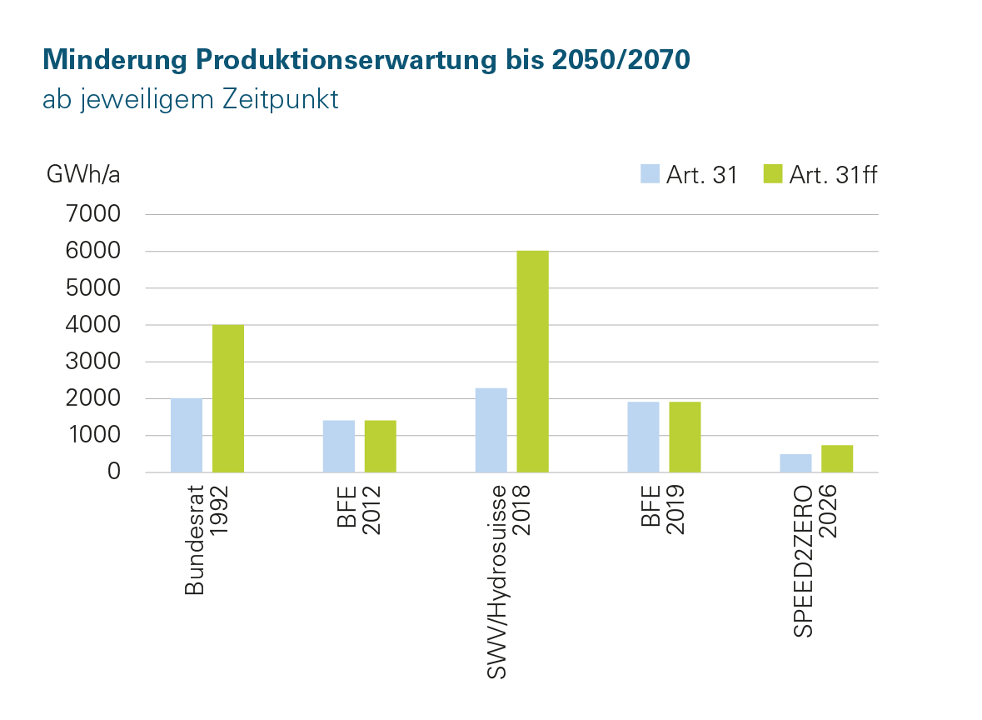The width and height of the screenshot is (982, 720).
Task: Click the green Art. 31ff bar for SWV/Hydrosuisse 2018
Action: pyautogui.click(x=532, y=361)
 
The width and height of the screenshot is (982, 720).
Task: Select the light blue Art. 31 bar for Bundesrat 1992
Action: pyautogui.click(x=187, y=435)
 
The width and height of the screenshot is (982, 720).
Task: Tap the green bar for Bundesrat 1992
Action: pyautogui.click(x=228, y=398)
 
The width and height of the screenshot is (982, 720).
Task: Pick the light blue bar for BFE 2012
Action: pyautogui.click(x=338, y=446)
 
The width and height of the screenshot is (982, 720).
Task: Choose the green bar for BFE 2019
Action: pyautogui.click(x=685, y=437)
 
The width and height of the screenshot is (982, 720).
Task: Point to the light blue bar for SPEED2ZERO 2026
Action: pyautogui.click(x=795, y=463)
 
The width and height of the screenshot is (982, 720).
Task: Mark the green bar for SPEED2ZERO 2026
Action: pyautogui.click(x=837, y=458)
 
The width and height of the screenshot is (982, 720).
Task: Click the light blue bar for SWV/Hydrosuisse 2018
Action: pyautogui.click(x=491, y=430)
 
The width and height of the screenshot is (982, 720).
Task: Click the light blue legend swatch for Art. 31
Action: pyautogui.click(x=650, y=175)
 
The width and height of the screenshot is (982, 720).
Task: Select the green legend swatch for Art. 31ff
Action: pyautogui.click(x=772, y=175)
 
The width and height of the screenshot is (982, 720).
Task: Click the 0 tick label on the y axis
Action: pyautogui.click(x=114, y=472)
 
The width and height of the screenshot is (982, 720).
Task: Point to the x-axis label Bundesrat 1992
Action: pyautogui.click(x=206, y=538)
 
